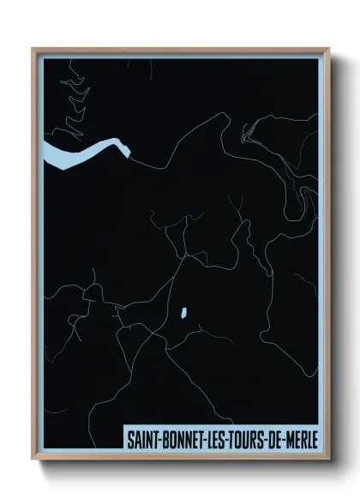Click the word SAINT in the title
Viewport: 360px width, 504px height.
click(x=141, y=441)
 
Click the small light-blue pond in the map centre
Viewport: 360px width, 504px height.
click(x=183, y=314)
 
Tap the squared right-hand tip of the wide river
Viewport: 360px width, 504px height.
click(x=129, y=153)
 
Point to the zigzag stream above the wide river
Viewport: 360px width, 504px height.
click(x=73, y=99)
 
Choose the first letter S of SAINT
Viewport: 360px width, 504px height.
click(x=129, y=441)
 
